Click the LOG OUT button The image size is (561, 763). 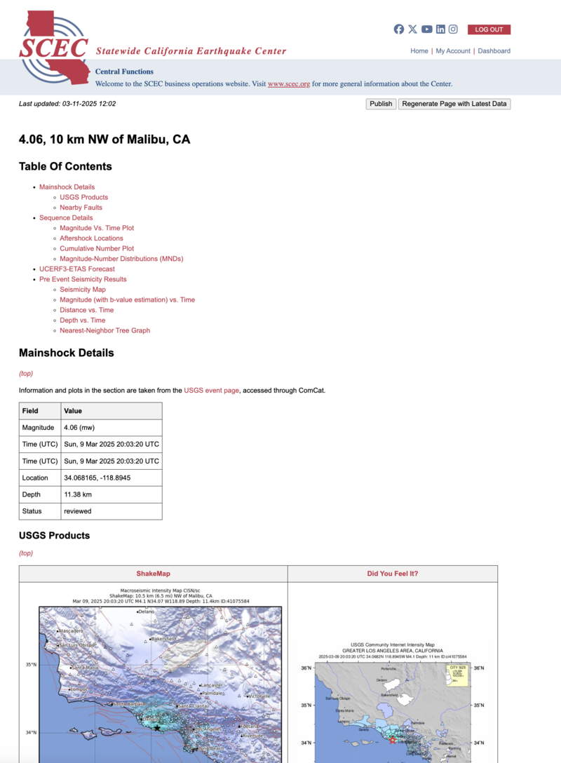[x=489, y=29]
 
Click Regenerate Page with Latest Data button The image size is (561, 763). [x=454, y=104]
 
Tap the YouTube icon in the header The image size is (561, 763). [x=426, y=29]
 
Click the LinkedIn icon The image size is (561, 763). [x=440, y=29]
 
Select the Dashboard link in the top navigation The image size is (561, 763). [x=494, y=51]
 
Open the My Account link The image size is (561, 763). [x=453, y=51]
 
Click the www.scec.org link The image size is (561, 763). [x=288, y=84]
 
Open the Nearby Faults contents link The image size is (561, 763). [x=81, y=208]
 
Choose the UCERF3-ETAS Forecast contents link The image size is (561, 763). [x=76, y=269]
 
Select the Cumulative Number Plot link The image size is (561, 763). [x=97, y=249]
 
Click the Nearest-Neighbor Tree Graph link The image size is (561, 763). [x=104, y=331]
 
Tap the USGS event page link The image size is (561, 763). [x=211, y=390]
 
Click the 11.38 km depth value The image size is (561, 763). [x=79, y=494]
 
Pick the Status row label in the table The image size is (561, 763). [x=32, y=511]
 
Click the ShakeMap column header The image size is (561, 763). [x=153, y=574]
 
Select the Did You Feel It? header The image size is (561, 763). [x=392, y=574]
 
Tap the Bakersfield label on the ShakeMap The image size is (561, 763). [x=164, y=640]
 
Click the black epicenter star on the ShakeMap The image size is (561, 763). [x=157, y=728]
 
